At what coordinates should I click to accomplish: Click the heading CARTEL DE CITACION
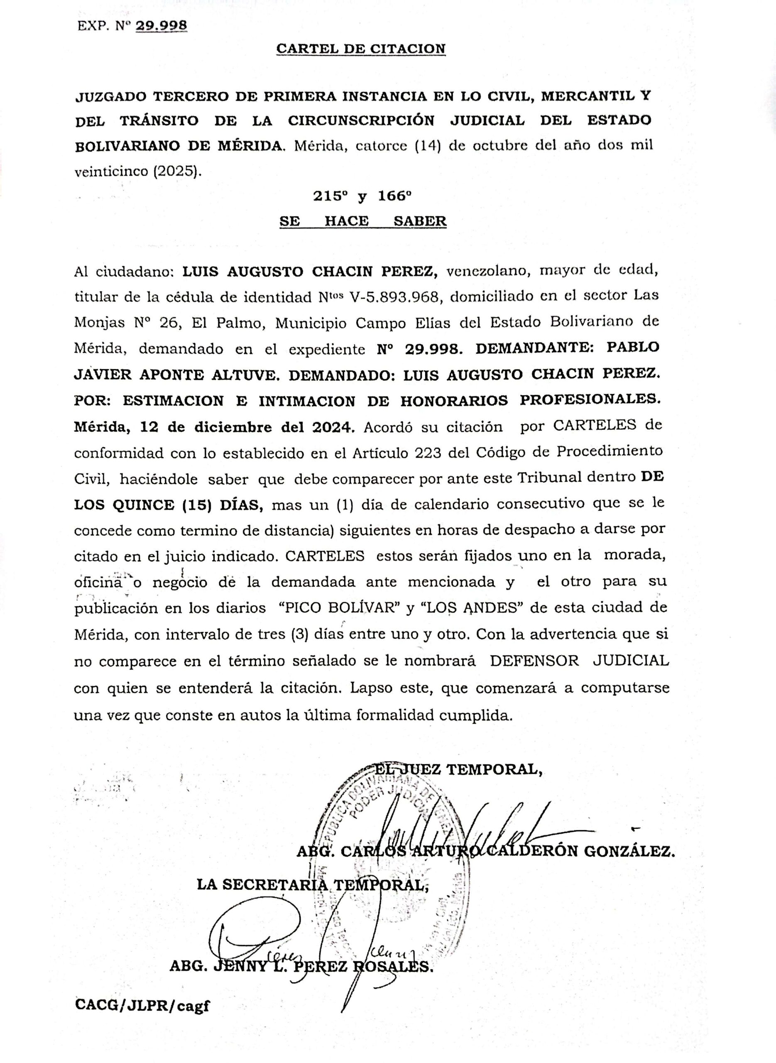pyautogui.click(x=360, y=49)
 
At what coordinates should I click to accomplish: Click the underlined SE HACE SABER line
pyautogui.click(x=362, y=221)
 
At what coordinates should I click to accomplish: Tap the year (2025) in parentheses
pyautogui.click(x=176, y=171)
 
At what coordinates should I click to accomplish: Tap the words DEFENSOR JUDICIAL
pyautogui.click(x=580, y=661)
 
